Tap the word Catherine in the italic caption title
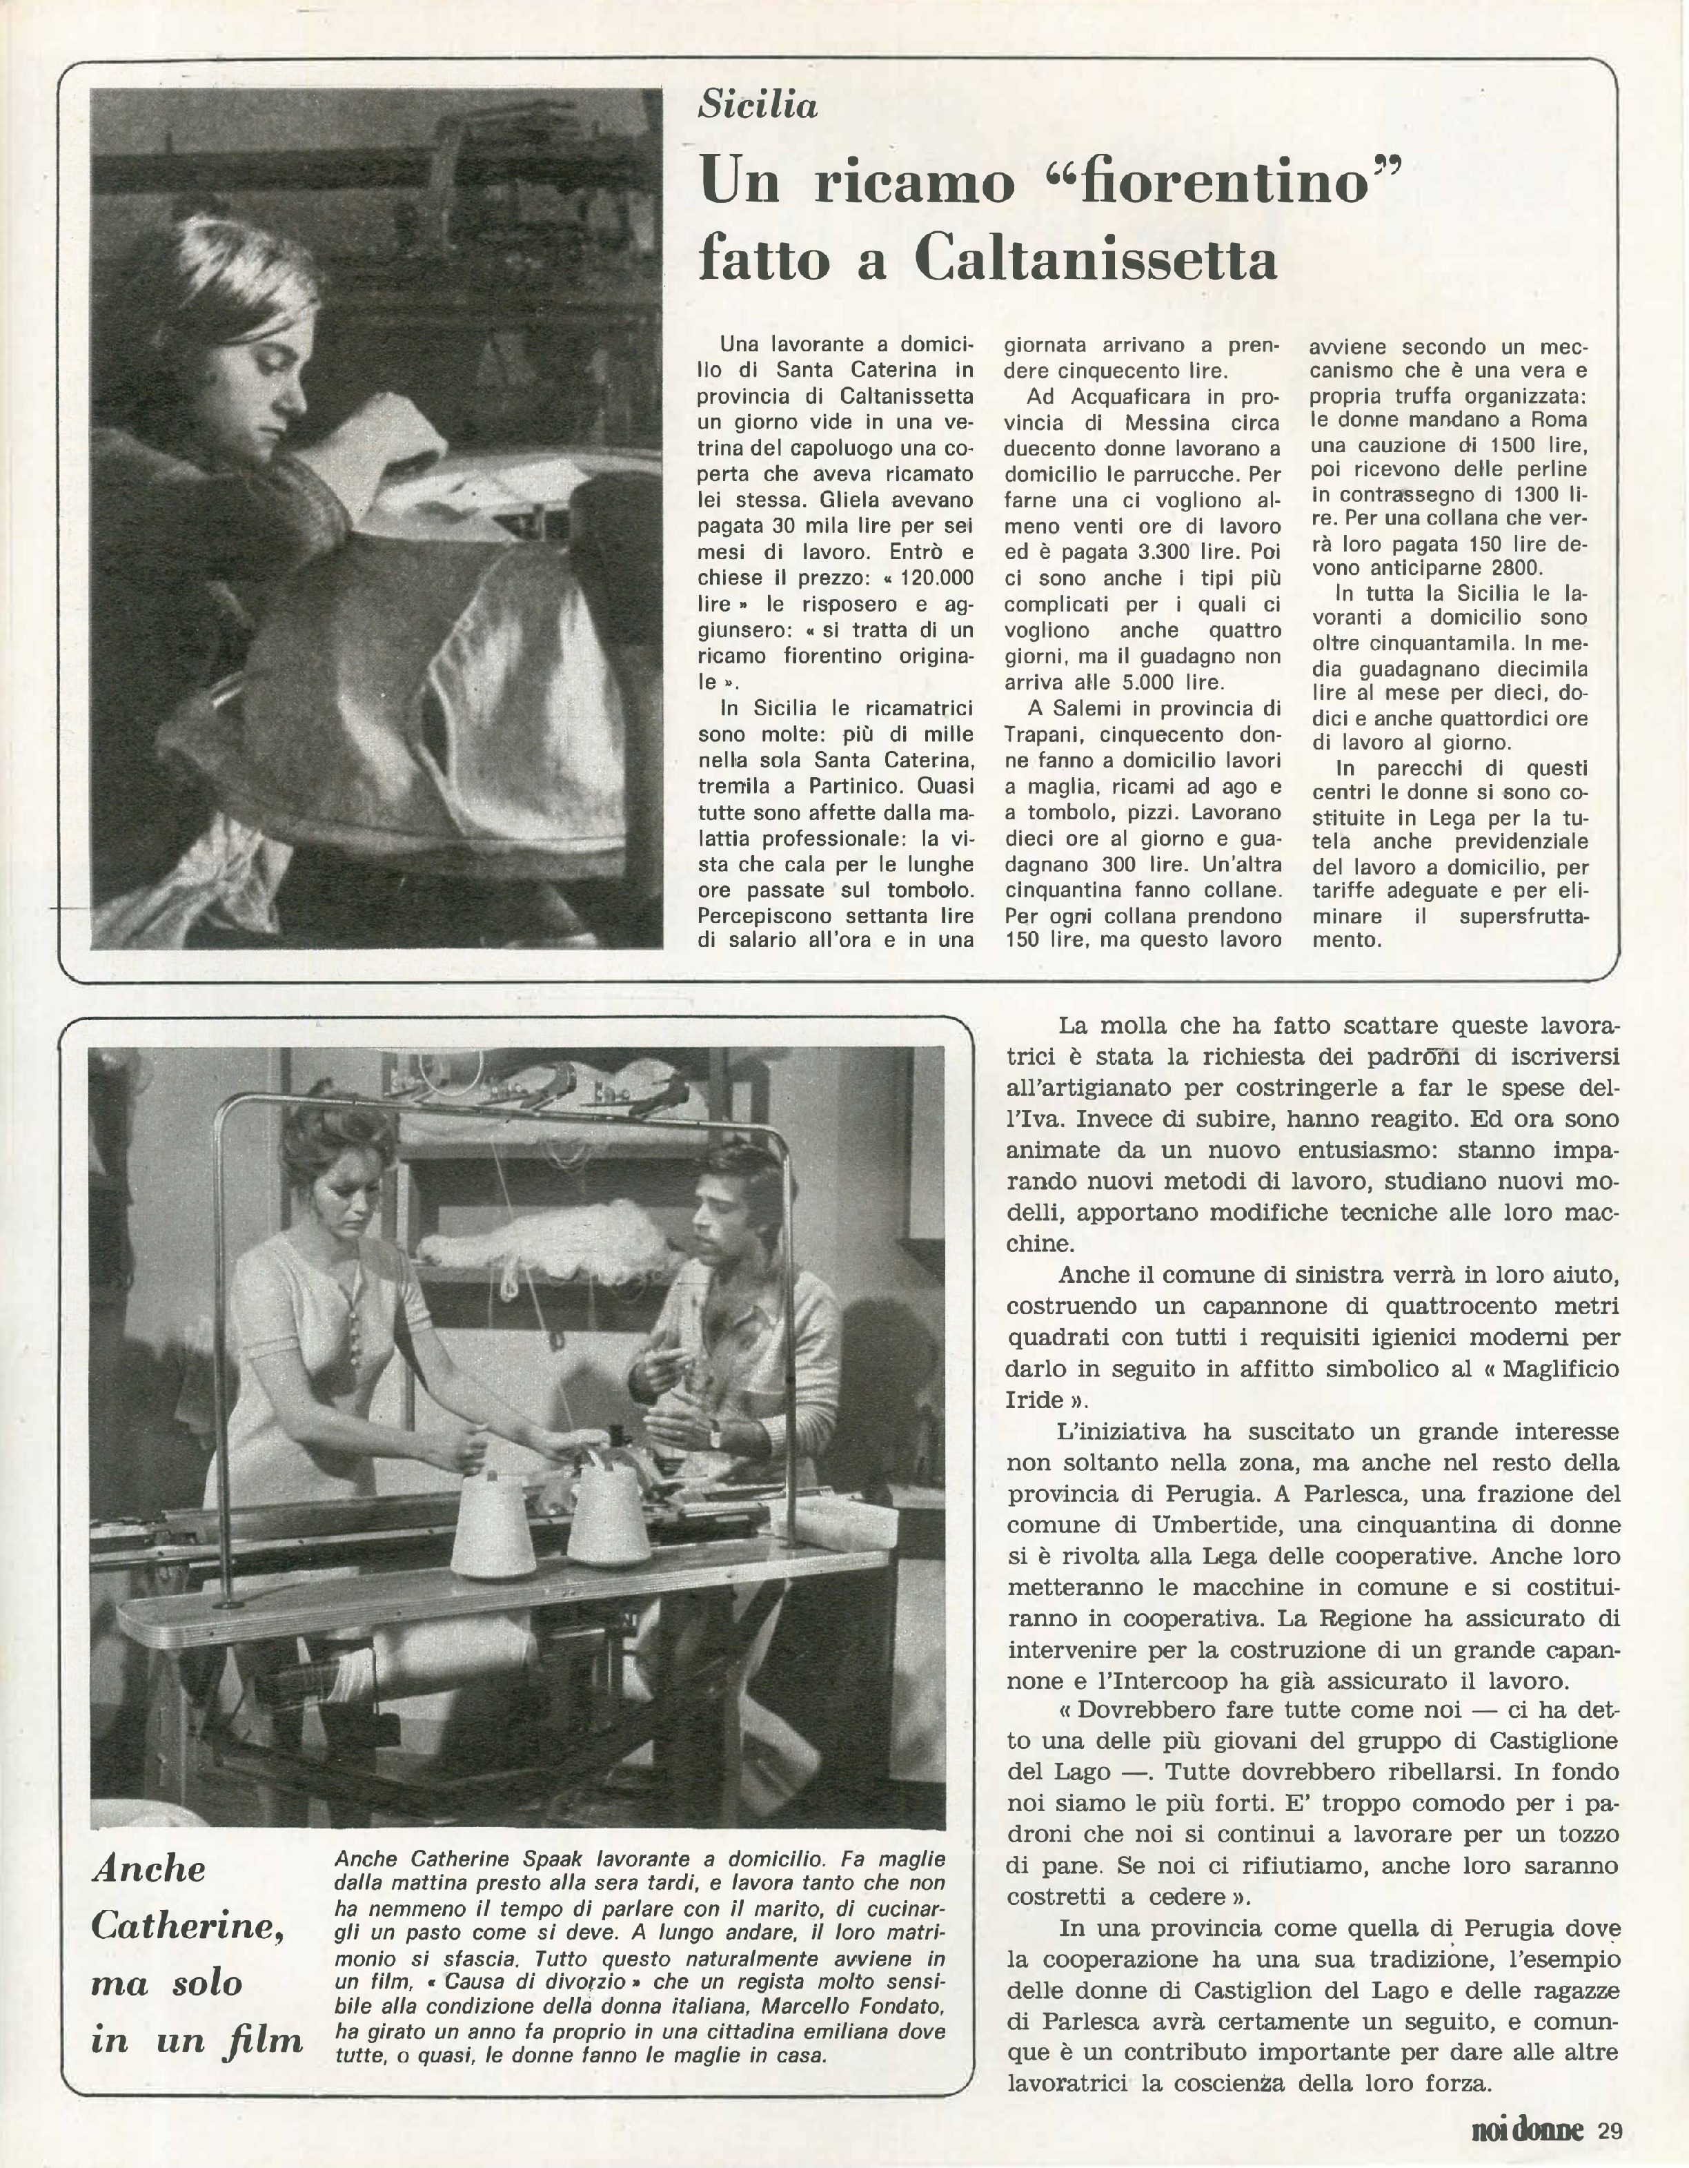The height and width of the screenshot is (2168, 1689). [x=186, y=1927]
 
